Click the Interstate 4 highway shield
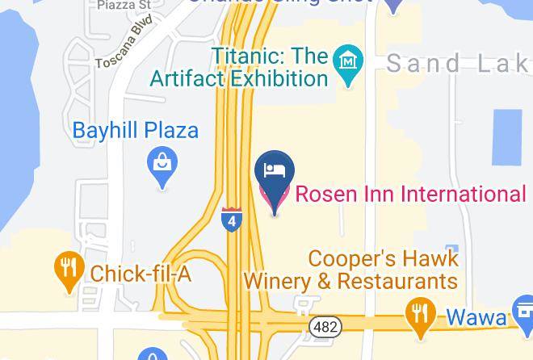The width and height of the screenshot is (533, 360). pos(232,220)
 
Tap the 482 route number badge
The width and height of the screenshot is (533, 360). pos(325,325)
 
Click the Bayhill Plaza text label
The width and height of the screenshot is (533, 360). pos(136,130)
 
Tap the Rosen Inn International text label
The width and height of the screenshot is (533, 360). pos(410,195)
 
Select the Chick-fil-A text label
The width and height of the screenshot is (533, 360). pos(141,274)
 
